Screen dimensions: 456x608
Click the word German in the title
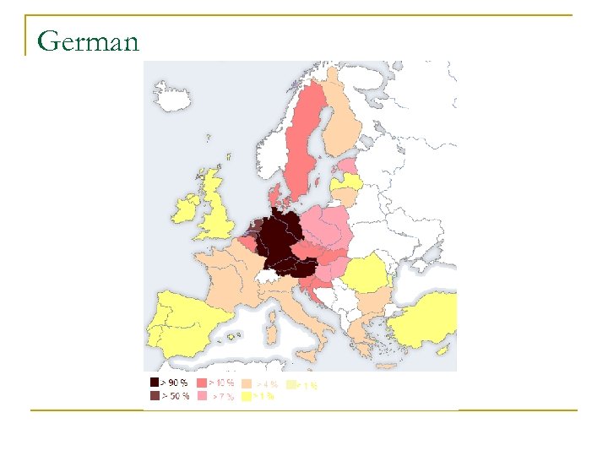88,41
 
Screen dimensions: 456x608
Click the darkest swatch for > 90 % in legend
154,383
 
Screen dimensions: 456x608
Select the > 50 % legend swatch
154,395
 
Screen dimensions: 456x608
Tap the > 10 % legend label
222,383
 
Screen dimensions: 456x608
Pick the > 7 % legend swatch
202,395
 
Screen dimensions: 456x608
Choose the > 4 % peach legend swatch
247,383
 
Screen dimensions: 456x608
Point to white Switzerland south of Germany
269,276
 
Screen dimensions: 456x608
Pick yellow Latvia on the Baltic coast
348,182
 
